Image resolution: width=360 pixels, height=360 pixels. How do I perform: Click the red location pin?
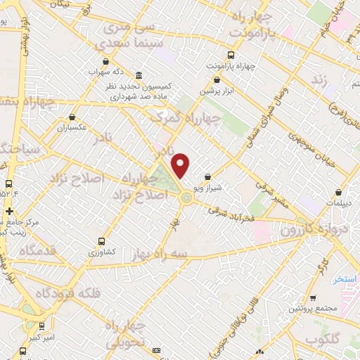[181, 165]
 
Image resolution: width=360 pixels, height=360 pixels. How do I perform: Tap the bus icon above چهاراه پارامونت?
[231, 54]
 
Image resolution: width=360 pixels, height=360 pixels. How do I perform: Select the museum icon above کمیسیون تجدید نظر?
[138, 75]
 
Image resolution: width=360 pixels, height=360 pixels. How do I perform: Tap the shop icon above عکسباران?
[72, 118]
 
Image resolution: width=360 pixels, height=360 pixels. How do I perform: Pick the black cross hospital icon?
[8, 211]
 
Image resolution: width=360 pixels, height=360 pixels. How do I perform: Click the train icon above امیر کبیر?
[42, 326]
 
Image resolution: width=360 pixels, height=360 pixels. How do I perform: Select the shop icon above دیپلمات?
[339, 191]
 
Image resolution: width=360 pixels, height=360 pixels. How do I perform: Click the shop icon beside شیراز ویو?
[206, 177]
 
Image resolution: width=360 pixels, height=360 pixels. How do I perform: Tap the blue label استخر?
[345, 279]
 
